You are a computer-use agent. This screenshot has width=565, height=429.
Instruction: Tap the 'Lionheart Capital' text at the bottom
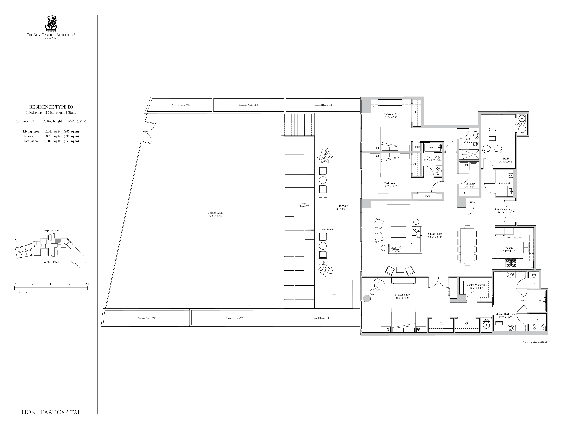51,412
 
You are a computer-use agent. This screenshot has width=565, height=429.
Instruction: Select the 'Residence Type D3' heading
51,107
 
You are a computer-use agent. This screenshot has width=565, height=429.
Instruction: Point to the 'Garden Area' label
215,213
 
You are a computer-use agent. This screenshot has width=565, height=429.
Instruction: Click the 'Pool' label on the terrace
334,294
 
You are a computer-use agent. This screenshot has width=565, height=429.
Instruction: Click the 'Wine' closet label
473,202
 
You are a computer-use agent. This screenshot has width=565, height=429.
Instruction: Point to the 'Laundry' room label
470,184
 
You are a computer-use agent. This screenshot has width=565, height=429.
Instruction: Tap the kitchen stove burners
510,263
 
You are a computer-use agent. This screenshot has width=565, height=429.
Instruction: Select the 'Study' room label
506,159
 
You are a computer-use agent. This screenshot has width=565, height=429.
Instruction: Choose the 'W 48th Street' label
51,262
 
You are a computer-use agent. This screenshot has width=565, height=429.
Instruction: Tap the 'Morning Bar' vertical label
449,293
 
